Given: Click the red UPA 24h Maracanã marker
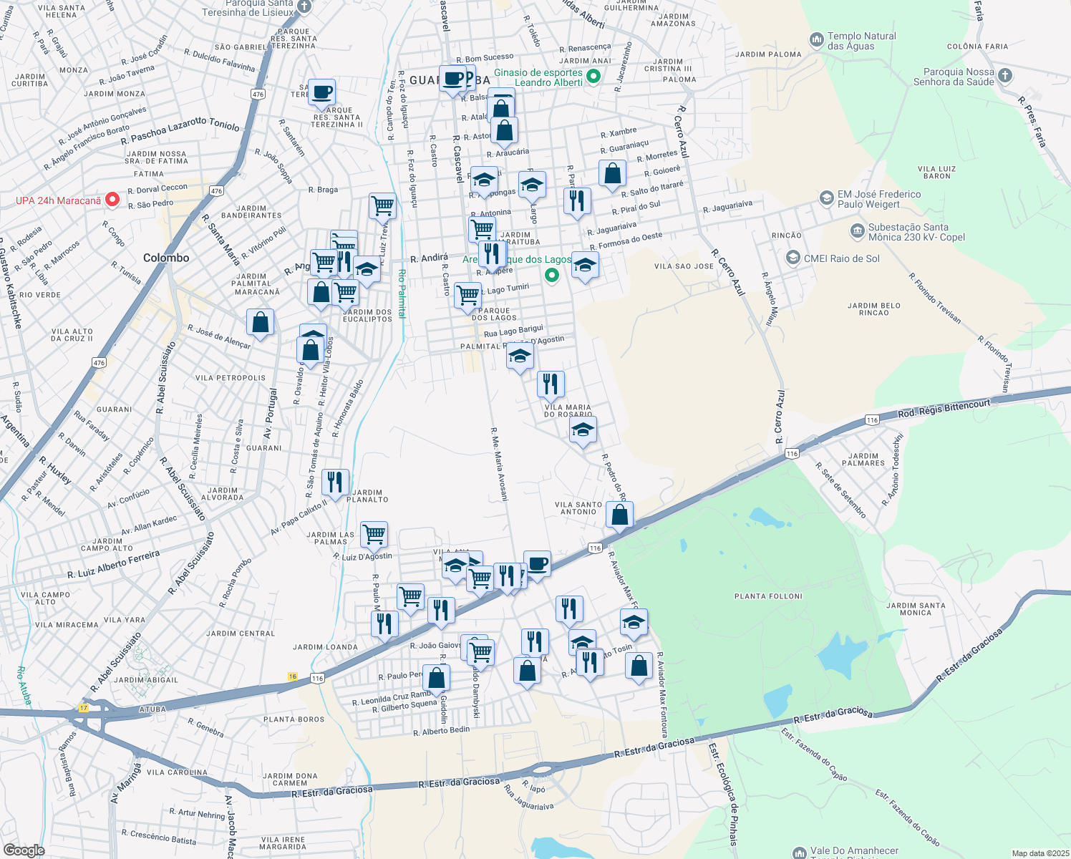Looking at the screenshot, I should point(112,200).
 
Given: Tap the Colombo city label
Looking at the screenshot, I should point(166,258).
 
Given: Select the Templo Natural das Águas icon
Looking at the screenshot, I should point(816,41).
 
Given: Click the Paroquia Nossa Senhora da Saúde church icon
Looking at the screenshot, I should point(1005,76).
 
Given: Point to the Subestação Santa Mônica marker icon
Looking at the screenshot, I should point(857,231).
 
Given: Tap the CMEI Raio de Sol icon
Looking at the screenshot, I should point(793,258).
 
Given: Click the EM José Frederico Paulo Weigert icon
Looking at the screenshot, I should point(826,198).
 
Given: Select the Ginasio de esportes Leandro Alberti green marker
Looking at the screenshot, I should point(593,77).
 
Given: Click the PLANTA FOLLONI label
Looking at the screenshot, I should point(768,596).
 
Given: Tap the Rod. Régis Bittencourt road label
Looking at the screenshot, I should point(944,408).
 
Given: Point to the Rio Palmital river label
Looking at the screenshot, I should point(402,293).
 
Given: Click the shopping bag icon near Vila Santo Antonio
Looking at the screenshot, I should point(619,515).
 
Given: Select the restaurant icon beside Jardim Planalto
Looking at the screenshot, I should point(335,482).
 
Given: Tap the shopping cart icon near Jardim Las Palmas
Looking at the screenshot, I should point(374,534).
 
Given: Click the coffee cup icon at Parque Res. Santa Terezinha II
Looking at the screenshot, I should point(322,92).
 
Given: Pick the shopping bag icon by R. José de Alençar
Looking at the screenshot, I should point(260,322).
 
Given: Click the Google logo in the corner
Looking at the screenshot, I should point(24,850).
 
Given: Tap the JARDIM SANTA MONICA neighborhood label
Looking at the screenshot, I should point(916,608).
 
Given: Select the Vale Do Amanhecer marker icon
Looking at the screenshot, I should point(799,853).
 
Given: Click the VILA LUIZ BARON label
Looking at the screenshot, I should point(937,173).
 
